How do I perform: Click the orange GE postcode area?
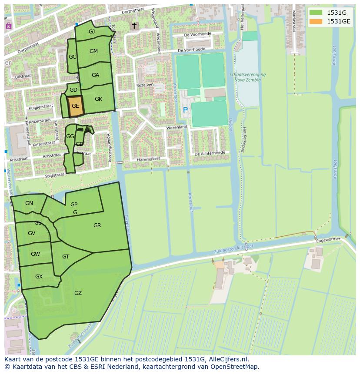pyautogui.click(x=75, y=106)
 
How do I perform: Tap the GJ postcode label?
pyautogui.click(x=92, y=32)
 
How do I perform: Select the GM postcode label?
pyautogui.click(x=93, y=51)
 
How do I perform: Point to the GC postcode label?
pyautogui.click(x=72, y=57)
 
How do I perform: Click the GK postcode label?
pyautogui.click(x=98, y=99)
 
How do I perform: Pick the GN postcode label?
pyautogui.click(x=29, y=203)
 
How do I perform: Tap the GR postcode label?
pyautogui.click(x=97, y=225)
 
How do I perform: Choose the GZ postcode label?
pyautogui.click(x=78, y=293)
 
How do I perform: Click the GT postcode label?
pyautogui.click(x=66, y=257)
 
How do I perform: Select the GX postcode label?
pyautogui.click(x=39, y=277)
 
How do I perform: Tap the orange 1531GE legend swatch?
pyautogui.click(x=316, y=21)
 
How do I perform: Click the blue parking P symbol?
pyautogui.click(x=185, y=110)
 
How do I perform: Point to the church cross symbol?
pyautogui.click(x=134, y=26)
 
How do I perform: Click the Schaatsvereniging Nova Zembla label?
pyautogui.click(x=247, y=77)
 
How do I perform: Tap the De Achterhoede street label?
pyautogui.click(x=210, y=153)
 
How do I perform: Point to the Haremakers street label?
pyautogui.click(x=149, y=159)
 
